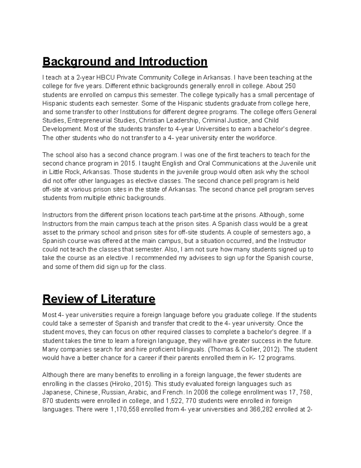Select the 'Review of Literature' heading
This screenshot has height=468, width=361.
tap(99, 299)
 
